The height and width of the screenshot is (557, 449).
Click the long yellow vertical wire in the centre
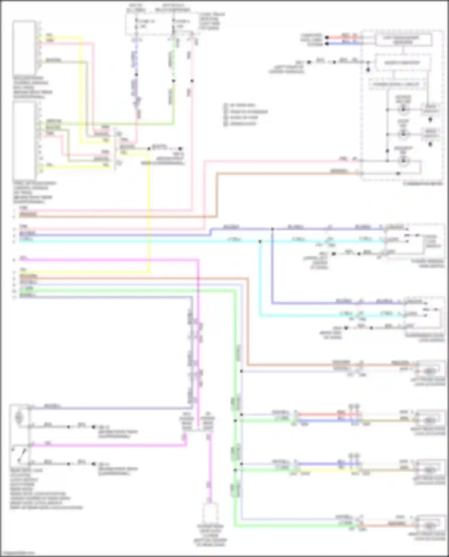tap(149, 210)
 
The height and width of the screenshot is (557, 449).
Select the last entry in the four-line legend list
tap(242, 123)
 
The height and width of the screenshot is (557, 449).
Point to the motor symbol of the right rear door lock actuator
tap(430, 421)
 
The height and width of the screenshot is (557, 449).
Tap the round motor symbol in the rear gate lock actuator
tap(19, 416)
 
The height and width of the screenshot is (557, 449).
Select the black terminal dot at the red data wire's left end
tap(327, 38)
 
